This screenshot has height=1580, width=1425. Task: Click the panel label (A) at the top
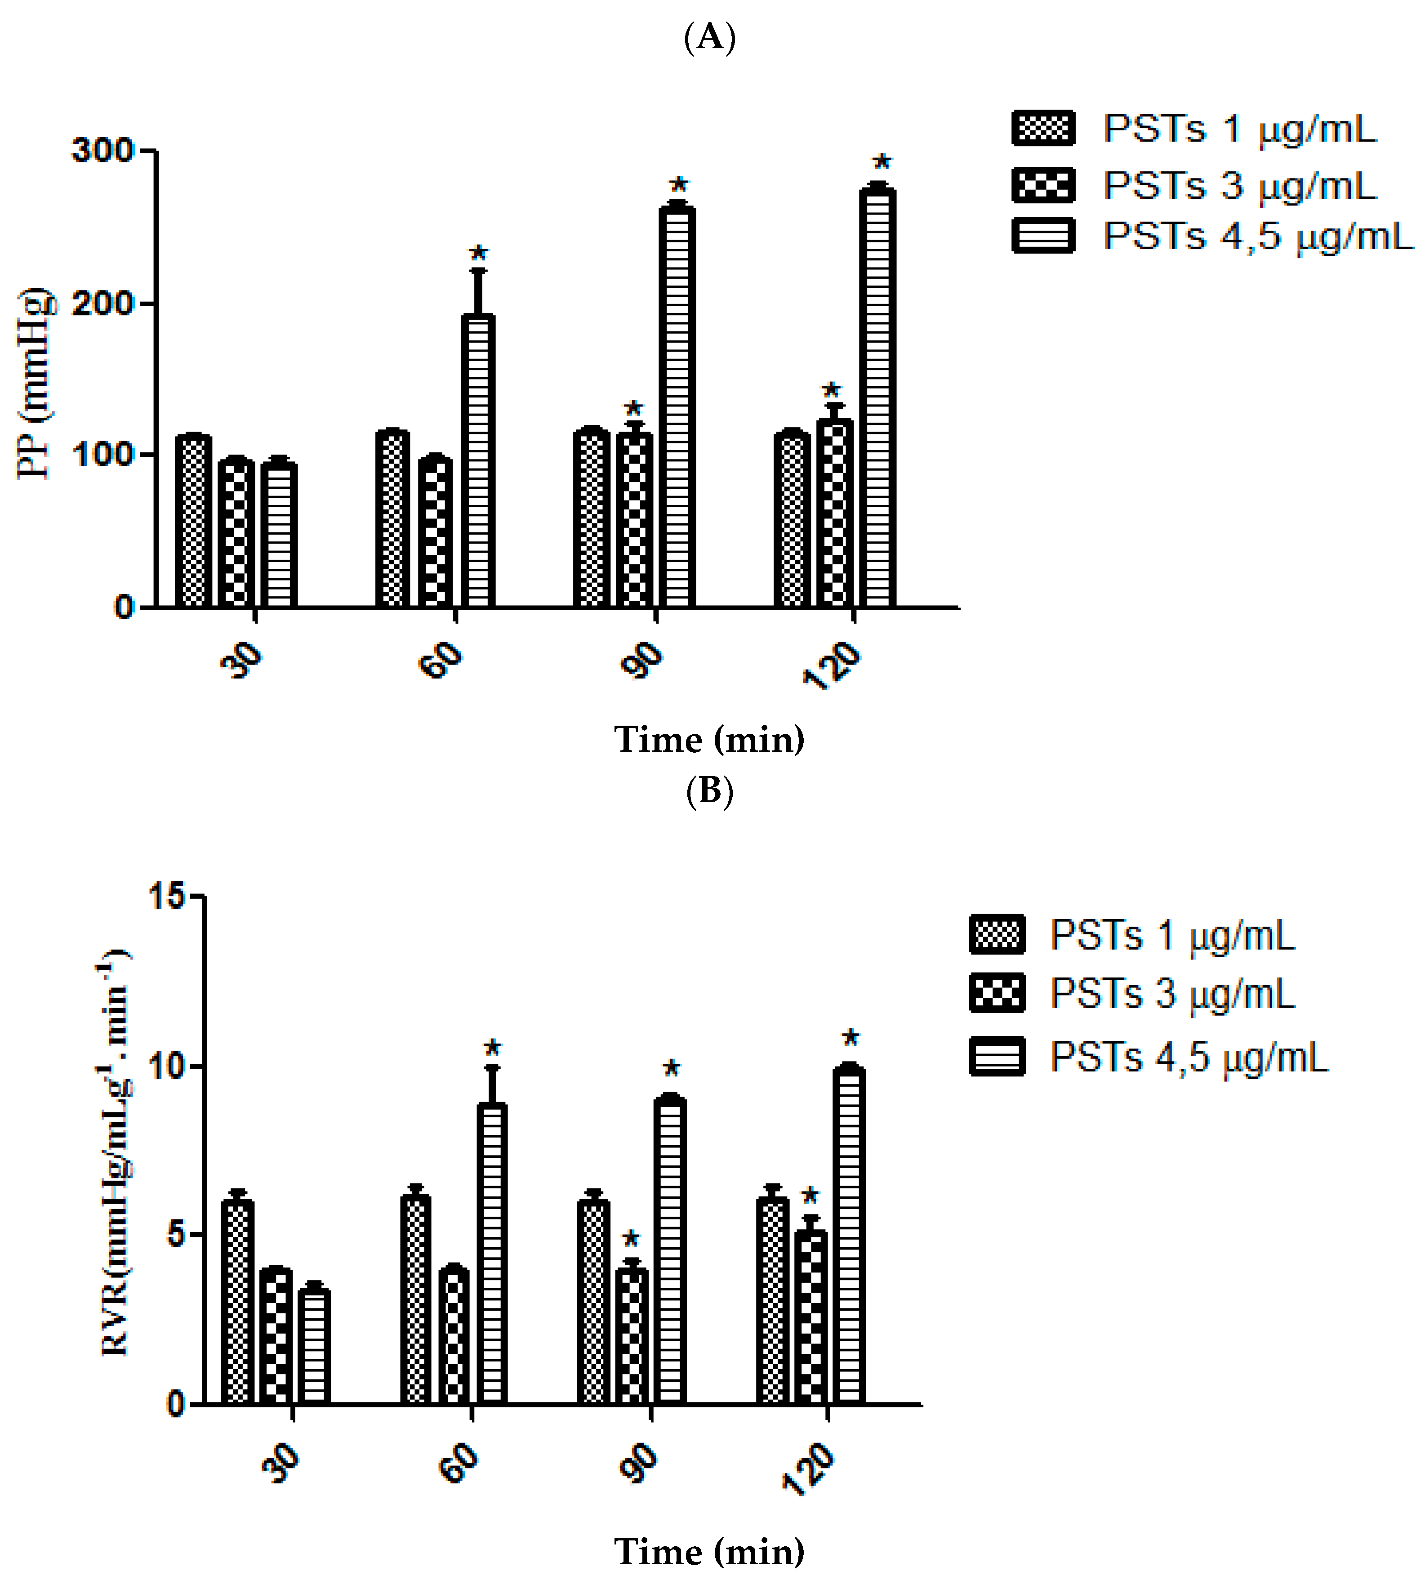coord(709,37)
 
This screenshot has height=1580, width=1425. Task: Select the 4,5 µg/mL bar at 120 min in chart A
coord(878,399)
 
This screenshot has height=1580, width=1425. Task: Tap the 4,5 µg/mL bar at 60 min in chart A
coord(477,462)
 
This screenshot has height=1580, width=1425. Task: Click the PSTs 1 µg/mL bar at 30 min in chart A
coord(192,521)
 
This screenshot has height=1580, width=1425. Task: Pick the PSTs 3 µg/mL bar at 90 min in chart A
coord(634,521)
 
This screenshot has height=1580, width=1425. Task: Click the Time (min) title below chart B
coord(709,1551)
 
